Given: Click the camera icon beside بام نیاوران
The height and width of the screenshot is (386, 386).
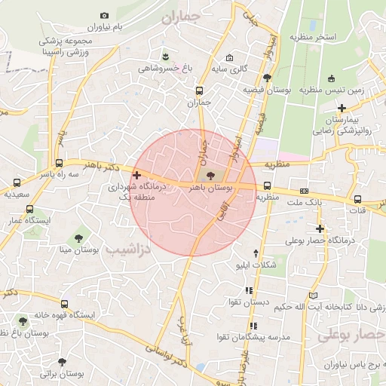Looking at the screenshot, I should [x=104, y=16].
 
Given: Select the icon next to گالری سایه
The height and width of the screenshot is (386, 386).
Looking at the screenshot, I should [x=230, y=59].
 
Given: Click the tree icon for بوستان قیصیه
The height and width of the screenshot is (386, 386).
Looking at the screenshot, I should [x=267, y=78].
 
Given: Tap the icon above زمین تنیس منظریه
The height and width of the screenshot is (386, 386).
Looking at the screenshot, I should [x=332, y=79].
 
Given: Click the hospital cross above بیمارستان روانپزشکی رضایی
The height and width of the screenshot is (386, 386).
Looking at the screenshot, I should [x=342, y=108].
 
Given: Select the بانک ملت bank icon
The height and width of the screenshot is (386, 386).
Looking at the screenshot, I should [x=305, y=191].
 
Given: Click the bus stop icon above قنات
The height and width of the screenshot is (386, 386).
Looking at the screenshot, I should [x=357, y=200].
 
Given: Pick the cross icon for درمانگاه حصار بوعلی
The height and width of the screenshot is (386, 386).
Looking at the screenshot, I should [x=320, y=228].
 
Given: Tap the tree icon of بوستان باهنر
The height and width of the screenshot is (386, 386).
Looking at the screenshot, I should [x=210, y=176].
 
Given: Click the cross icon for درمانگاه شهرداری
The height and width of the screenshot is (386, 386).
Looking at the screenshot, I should [x=136, y=175].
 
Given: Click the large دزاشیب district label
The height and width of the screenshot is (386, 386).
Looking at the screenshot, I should [x=126, y=248].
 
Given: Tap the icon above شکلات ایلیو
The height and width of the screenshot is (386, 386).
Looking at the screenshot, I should [x=256, y=253].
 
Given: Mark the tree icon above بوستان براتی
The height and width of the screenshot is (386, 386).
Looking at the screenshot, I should [x=72, y=361].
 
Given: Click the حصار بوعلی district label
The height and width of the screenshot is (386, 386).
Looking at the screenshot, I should [x=348, y=334].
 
